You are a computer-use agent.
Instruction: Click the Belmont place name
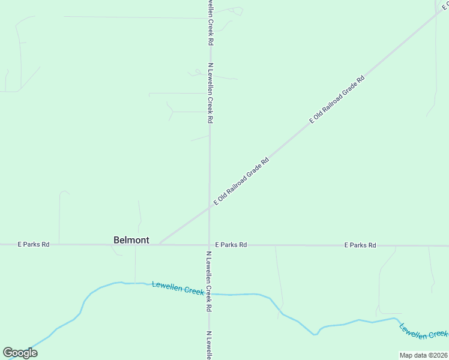tap(131, 240)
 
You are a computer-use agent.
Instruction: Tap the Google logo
tap(20, 353)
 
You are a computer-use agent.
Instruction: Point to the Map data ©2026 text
tap(423, 355)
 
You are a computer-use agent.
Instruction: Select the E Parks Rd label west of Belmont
tap(34, 245)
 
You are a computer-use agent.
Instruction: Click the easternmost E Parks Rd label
tap(360, 245)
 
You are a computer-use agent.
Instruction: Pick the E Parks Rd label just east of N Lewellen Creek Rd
tap(231, 245)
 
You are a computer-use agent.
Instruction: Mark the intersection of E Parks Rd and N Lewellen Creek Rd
tap(209, 245)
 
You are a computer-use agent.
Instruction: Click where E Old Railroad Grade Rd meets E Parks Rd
tap(159, 244)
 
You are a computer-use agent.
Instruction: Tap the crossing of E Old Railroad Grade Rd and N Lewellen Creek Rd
tap(209, 208)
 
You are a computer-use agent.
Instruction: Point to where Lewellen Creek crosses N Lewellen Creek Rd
tap(209, 293)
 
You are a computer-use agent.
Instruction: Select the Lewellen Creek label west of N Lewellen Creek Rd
tap(178, 288)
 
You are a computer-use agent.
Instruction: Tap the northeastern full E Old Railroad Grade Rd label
tap(337, 100)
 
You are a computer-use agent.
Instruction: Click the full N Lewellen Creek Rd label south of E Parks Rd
tap(209, 281)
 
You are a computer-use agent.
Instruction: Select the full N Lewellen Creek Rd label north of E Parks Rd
tap(211, 93)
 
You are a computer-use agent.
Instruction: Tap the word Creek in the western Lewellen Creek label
tap(192, 290)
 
